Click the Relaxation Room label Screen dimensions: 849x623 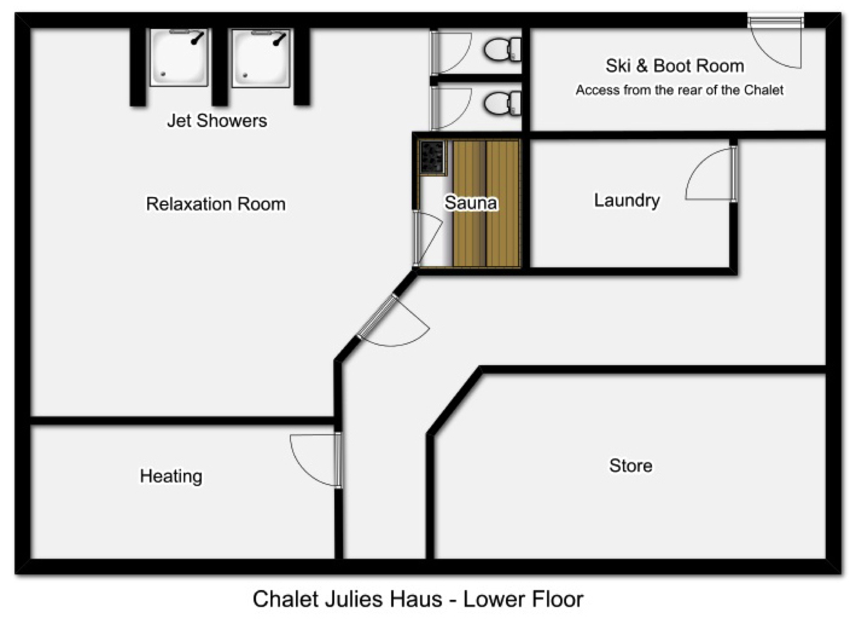tap(216, 204)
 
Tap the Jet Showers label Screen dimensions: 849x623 tap(217, 121)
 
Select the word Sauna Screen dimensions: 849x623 tap(471, 202)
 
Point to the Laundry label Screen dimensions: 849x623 tap(627, 201)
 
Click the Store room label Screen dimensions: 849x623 tap(631, 466)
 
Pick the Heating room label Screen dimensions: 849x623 tap(171, 477)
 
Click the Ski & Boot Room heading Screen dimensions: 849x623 tap(675, 66)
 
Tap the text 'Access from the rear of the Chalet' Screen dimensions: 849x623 tap(680, 90)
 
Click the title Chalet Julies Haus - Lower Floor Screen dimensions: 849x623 tap(418, 599)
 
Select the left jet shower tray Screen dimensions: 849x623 tap(179, 57)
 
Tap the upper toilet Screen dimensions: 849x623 tap(503, 49)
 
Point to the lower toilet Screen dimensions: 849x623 tap(503, 103)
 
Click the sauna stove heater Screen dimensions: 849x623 tap(433, 157)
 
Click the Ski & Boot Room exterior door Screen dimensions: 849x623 tap(775, 41)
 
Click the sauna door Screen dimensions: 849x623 tap(428, 238)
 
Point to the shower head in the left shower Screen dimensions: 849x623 tap(198, 38)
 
